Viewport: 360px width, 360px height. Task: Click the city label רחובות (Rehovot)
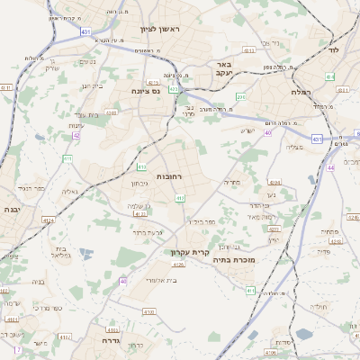pyautogui.click(x=169, y=176)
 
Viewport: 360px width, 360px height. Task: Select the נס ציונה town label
pyautogui.click(x=145, y=91)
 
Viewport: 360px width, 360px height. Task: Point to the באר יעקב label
pyautogui.click(x=224, y=70)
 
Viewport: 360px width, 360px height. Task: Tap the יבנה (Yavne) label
pyautogui.click(x=13, y=209)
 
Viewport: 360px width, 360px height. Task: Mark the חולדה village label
pyautogui.click(x=322, y=307)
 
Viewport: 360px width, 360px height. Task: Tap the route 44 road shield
pyautogui.click(x=330, y=168)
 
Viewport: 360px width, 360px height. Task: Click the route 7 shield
pyautogui.click(x=16, y=349)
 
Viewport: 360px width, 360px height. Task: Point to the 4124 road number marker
pyautogui.click(x=48, y=219)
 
